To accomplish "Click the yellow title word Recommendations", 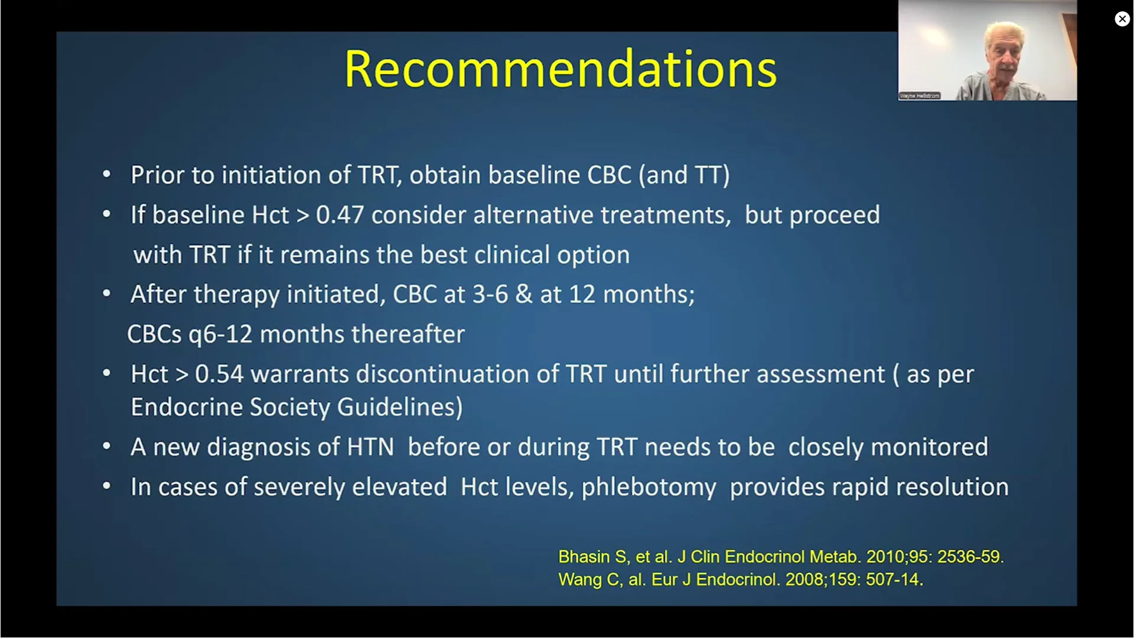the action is pyautogui.click(x=560, y=69).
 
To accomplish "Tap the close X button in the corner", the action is pyautogui.click(x=1122, y=19).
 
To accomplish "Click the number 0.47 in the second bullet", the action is pyautogui.click(x=340, y=215).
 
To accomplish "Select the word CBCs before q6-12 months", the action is pyautogui.click(x=154, y=334).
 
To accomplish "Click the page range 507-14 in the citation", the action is pyautogui.click(x=892, y=580).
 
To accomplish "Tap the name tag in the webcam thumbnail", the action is pyautogui.click(x=920, y=96).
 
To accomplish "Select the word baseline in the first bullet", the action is pyautogui.click(x=534, y=175).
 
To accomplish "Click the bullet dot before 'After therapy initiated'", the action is pyautogui.click(x=106, y=294).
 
